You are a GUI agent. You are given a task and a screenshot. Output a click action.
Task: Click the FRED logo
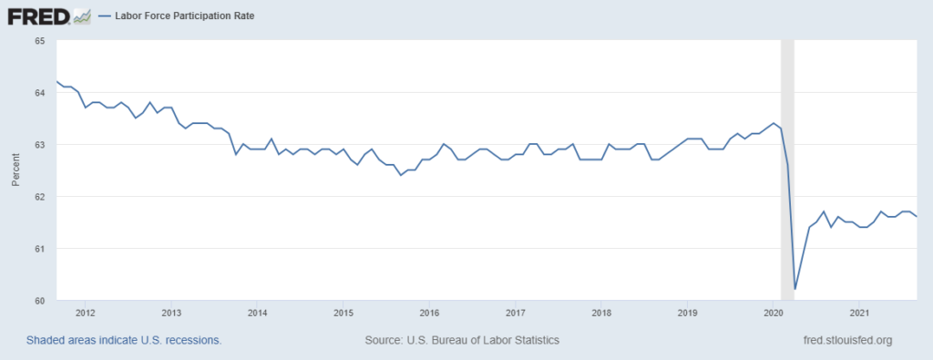(x=48, y=15)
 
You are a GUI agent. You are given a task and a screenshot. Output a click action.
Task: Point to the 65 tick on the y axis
(x=39, y=41)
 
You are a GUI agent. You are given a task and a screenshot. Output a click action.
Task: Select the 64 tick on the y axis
(x=39, y=93)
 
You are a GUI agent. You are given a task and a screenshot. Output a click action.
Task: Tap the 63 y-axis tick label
(x=39, y=145)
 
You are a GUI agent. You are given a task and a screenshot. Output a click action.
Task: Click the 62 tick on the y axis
(x=39, y=197)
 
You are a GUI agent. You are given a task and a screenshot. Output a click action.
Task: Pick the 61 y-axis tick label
(x=39, y=249)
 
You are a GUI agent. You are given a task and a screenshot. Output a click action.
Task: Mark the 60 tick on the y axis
(x=39, y=301)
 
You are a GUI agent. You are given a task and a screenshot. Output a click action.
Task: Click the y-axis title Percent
(x=15, y=170)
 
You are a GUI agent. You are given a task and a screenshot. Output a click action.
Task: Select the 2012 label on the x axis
(x=86, y=314)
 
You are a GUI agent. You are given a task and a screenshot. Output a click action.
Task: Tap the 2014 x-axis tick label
(x=257, y=314)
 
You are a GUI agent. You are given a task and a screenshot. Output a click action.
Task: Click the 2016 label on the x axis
(x=429, y=314)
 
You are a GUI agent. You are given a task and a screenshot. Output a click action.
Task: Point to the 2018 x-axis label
(x=600, y=314)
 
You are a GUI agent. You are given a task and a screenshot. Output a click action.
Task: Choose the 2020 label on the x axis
(x=773, y=314)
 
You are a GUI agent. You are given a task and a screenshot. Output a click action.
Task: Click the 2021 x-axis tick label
(x=858, y=314)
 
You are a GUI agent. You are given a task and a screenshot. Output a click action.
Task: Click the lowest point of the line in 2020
(x=795, y=289)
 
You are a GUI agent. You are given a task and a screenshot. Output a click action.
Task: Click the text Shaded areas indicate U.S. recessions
(x=124, y=340)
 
